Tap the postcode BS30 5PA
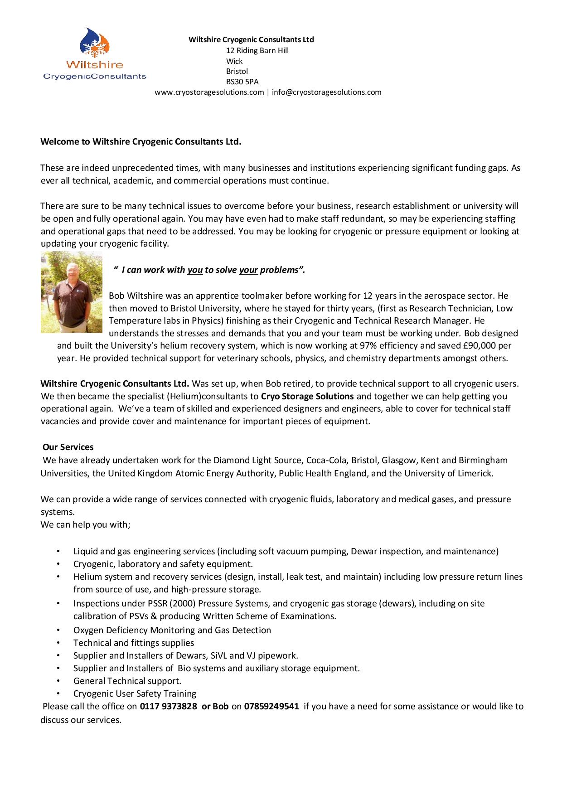[242, 82]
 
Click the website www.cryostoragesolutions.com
[209, 92]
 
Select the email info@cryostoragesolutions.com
[326, 92]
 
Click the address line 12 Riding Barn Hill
[257, 50]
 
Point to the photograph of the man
[72, 292]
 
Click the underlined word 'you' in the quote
[195, 270]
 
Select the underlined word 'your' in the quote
[248, 270]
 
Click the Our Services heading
[68, 447]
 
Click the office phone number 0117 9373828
[168, 707]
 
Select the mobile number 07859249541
[271, 707]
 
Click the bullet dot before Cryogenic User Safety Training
[58, 693]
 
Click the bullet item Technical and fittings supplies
[134, 643]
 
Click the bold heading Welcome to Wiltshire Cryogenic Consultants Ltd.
[141, 142]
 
